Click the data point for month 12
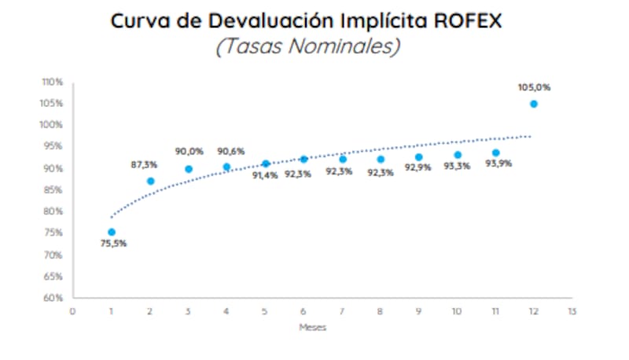[534, 104]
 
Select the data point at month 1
[112, 232]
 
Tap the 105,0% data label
[534, 86]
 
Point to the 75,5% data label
[112, 244]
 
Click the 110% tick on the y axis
[53, 82]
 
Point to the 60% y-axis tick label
[53, 298]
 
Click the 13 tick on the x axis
[572, 311]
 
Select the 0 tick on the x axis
[73, 311]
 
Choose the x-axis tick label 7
[342, 311]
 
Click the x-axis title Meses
[312, 328]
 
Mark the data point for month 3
[189, 169]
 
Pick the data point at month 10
[458, 155]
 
